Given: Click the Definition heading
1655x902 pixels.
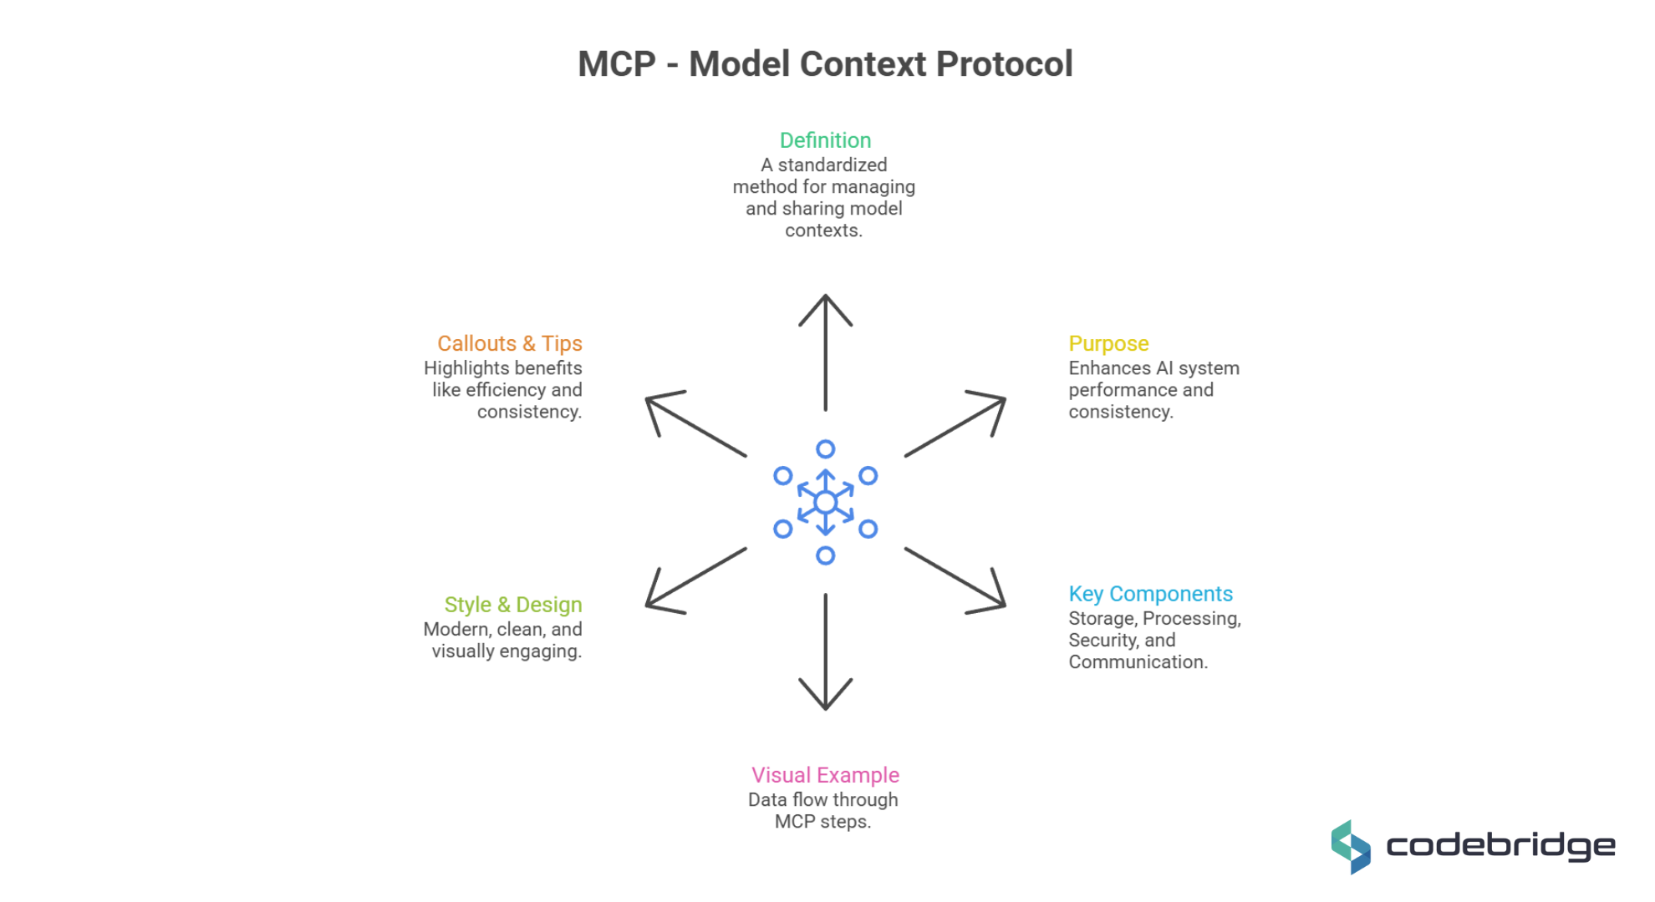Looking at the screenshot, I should (x=825, y=140).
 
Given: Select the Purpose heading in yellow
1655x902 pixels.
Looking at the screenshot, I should (x=1108, y=343).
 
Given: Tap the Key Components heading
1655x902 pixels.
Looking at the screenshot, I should (x=1150, y=594).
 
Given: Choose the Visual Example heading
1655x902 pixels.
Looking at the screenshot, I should (x=825, y=775).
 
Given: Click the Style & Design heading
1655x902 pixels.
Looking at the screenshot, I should (x=512, y=605).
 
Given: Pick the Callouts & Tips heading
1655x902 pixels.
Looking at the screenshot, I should (x=509, y=343).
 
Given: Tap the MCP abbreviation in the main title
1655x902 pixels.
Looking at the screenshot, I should (x=617, y=64).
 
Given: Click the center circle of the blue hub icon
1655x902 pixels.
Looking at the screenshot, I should (x=825, y=502).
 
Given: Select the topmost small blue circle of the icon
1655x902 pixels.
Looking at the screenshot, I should (x=825, y=449).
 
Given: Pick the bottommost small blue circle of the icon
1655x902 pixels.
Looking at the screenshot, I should (x=825, y=555).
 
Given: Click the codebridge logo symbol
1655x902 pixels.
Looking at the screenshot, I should (x=1351, y=847).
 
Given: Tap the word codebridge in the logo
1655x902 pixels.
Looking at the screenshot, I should (x=1500, y=846).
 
